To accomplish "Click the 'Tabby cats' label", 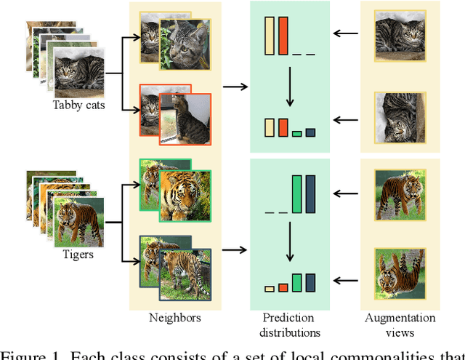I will [79, 104].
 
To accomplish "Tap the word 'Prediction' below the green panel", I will [289, 318].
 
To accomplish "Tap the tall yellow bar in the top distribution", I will [269, 35].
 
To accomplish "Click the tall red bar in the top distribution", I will [283, 35].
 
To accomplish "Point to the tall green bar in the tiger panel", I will [296, 193].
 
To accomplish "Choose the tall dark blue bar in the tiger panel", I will [310, 193].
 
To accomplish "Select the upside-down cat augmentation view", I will [400, 116].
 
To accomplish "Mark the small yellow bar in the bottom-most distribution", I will [269, 289].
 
